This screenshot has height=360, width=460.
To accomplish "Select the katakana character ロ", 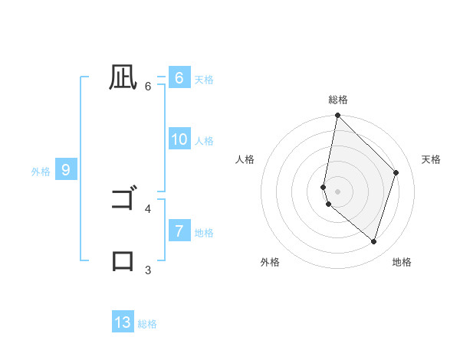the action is tap(123, 260).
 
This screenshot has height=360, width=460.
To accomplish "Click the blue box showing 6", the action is tap(179, 78).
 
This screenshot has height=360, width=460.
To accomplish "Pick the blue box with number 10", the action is tap(179, 139).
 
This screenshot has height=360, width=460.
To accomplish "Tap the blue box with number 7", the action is tap(179, 231).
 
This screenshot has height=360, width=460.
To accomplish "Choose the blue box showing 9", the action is tap(66, 170).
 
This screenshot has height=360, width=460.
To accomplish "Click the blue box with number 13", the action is tap(123, 322).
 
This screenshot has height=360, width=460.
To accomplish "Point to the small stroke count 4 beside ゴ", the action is tap(148, 208).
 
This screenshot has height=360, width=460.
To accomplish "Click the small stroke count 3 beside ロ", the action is tap(148, 270).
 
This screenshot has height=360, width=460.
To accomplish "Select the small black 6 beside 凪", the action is tap(148, 86).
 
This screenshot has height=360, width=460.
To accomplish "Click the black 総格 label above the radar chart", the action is tap(338, 100).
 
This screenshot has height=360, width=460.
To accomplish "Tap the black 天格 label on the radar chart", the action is tap(431, 159).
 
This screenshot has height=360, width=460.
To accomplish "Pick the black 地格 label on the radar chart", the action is tap(402, 262).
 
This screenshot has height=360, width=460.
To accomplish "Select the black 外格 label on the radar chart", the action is tap(270, 262).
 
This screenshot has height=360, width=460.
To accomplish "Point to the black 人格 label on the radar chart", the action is tap(245, 159).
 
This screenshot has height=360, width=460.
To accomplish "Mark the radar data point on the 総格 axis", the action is tap(337, 116).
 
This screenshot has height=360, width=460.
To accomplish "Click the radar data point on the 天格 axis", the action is tap(396, 172).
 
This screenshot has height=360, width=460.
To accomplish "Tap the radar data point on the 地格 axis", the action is tap(373, 241).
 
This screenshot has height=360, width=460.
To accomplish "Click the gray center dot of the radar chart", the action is tap(337, 191).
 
